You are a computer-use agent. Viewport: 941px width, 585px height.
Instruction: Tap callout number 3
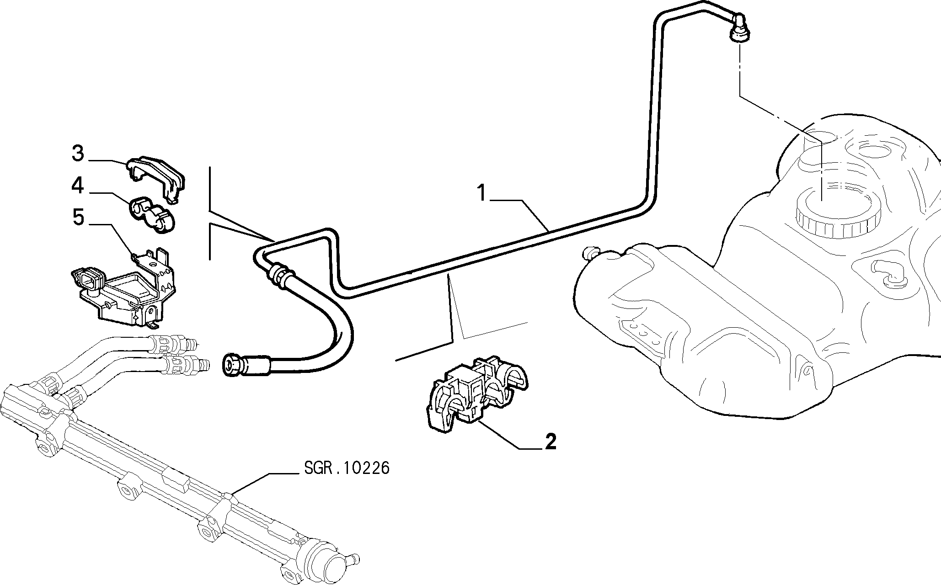[x=78, y=154]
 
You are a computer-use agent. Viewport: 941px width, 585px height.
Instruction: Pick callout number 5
[x=79, y=218]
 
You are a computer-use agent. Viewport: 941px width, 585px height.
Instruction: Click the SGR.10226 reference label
[x=347, y=468]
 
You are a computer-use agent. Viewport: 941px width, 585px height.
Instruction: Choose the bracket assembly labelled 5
[x=124, y=287]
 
